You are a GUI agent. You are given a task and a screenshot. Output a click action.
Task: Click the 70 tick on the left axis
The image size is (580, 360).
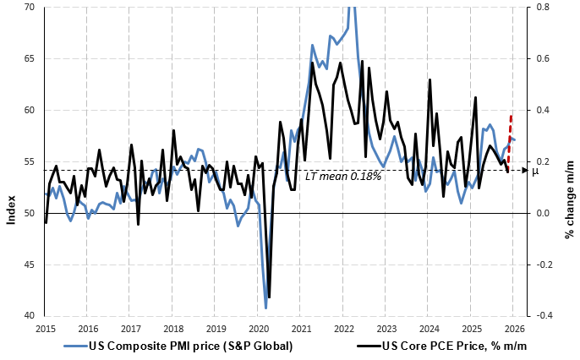click(28, 7)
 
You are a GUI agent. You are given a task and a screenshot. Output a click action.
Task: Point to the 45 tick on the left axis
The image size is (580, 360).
click(28, 265)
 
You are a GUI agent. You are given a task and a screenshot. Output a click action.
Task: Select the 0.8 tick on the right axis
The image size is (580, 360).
click(541, 7)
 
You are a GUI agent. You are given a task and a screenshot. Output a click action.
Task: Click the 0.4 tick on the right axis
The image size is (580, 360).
click(541, 110)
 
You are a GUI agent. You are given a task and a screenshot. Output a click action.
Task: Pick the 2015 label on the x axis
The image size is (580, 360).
click(46, 329)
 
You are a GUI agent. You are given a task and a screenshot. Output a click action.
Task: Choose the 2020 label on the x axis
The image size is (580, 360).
click(259, 329)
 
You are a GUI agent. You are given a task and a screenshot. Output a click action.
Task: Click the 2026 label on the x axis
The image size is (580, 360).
click(514, 329)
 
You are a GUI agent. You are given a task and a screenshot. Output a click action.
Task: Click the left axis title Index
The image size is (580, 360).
click(10, 207)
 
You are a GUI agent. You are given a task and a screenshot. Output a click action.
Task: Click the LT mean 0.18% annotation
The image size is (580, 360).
click(343, 177)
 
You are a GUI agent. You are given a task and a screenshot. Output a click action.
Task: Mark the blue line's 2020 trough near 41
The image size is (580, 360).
click(265, 307)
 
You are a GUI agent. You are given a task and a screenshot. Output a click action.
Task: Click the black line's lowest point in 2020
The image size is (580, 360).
click(269, 297)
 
